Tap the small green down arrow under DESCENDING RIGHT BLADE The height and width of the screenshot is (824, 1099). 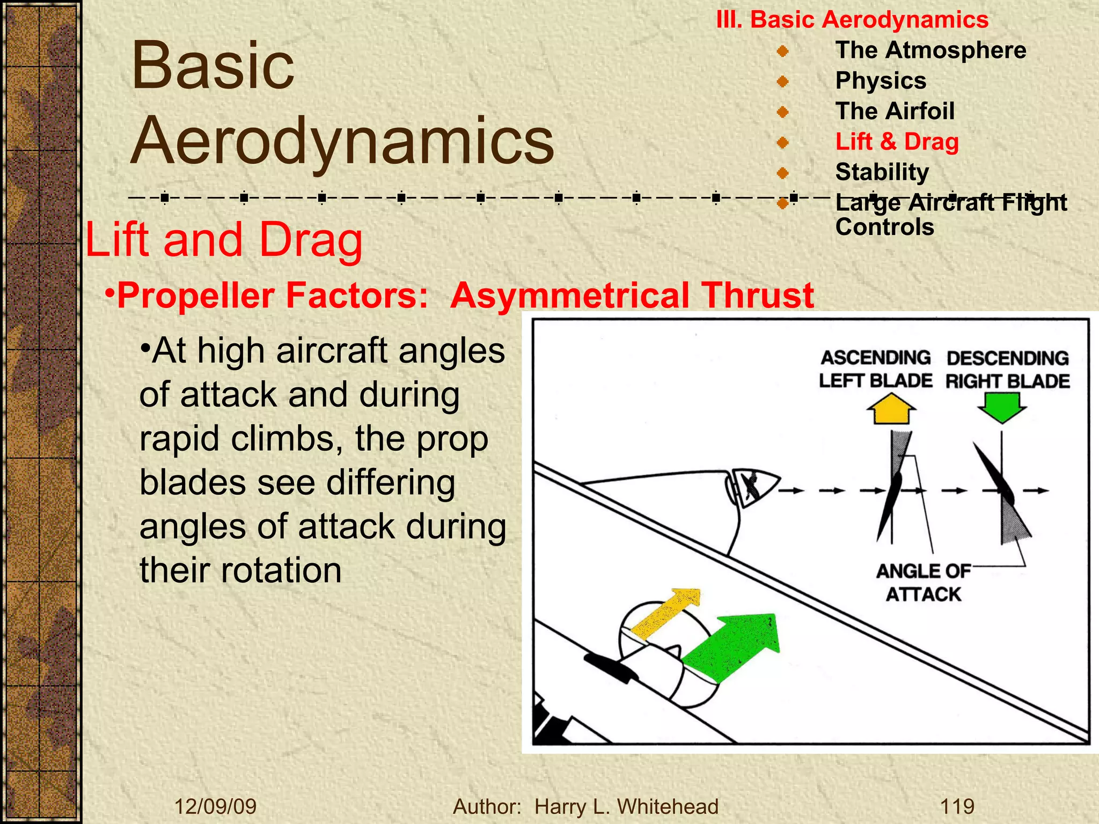[1002, 407]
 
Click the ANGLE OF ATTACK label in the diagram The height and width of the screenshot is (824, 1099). [923, 583]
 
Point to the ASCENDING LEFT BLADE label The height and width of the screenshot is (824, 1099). [876, 369]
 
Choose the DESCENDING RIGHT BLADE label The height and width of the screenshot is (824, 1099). [1007, 370]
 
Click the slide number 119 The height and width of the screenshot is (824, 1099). [957, 806]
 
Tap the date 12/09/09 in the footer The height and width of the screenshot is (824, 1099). [216, 806]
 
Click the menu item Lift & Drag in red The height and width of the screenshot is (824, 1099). [897, 142]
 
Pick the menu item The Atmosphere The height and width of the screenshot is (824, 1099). [931, 50]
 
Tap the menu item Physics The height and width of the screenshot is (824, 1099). [881, 80]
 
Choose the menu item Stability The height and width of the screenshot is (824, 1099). [882, 172]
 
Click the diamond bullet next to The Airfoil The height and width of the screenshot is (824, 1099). [783, 112]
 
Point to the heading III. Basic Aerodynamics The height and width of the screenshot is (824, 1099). [852, 20]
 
